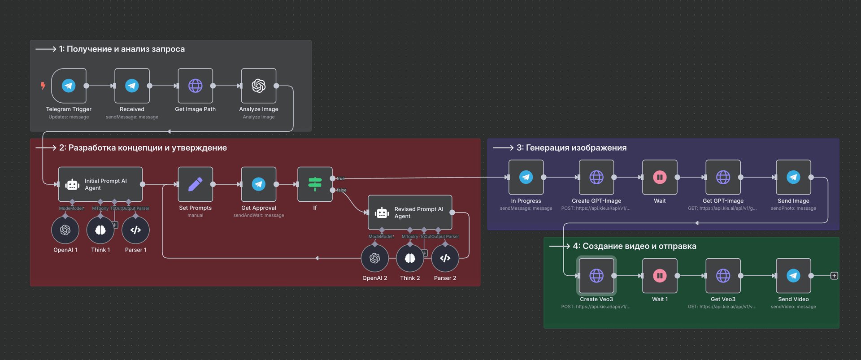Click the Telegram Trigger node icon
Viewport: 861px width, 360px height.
[69, 86]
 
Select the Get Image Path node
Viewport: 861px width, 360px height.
[195, 86]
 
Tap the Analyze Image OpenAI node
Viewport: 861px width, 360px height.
[259, 86]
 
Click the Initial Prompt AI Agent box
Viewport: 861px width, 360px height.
[100, 184]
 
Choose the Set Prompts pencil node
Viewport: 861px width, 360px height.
[195, 184]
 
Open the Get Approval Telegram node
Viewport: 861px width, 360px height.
[259, 184]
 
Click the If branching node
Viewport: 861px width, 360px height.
[315, 184]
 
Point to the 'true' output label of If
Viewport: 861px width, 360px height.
[341, 178]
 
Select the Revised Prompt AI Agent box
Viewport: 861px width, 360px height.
[410, 213]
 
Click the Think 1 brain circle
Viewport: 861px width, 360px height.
[100, 230]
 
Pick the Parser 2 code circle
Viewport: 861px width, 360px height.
[445, 258]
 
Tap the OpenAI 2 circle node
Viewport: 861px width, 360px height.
[375, 258]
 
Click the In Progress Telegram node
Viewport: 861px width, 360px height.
[526, 177]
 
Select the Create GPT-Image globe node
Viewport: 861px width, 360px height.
[596, 177]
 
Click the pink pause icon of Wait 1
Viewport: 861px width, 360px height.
[660, 276]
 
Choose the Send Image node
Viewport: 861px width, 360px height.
[793, 177]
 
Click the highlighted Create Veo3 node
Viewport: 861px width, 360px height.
[596, 276]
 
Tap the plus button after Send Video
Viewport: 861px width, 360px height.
[834, 276]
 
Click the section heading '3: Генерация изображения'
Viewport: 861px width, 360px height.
[571, 147]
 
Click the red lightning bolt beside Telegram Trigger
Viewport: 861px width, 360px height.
[43, 86]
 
